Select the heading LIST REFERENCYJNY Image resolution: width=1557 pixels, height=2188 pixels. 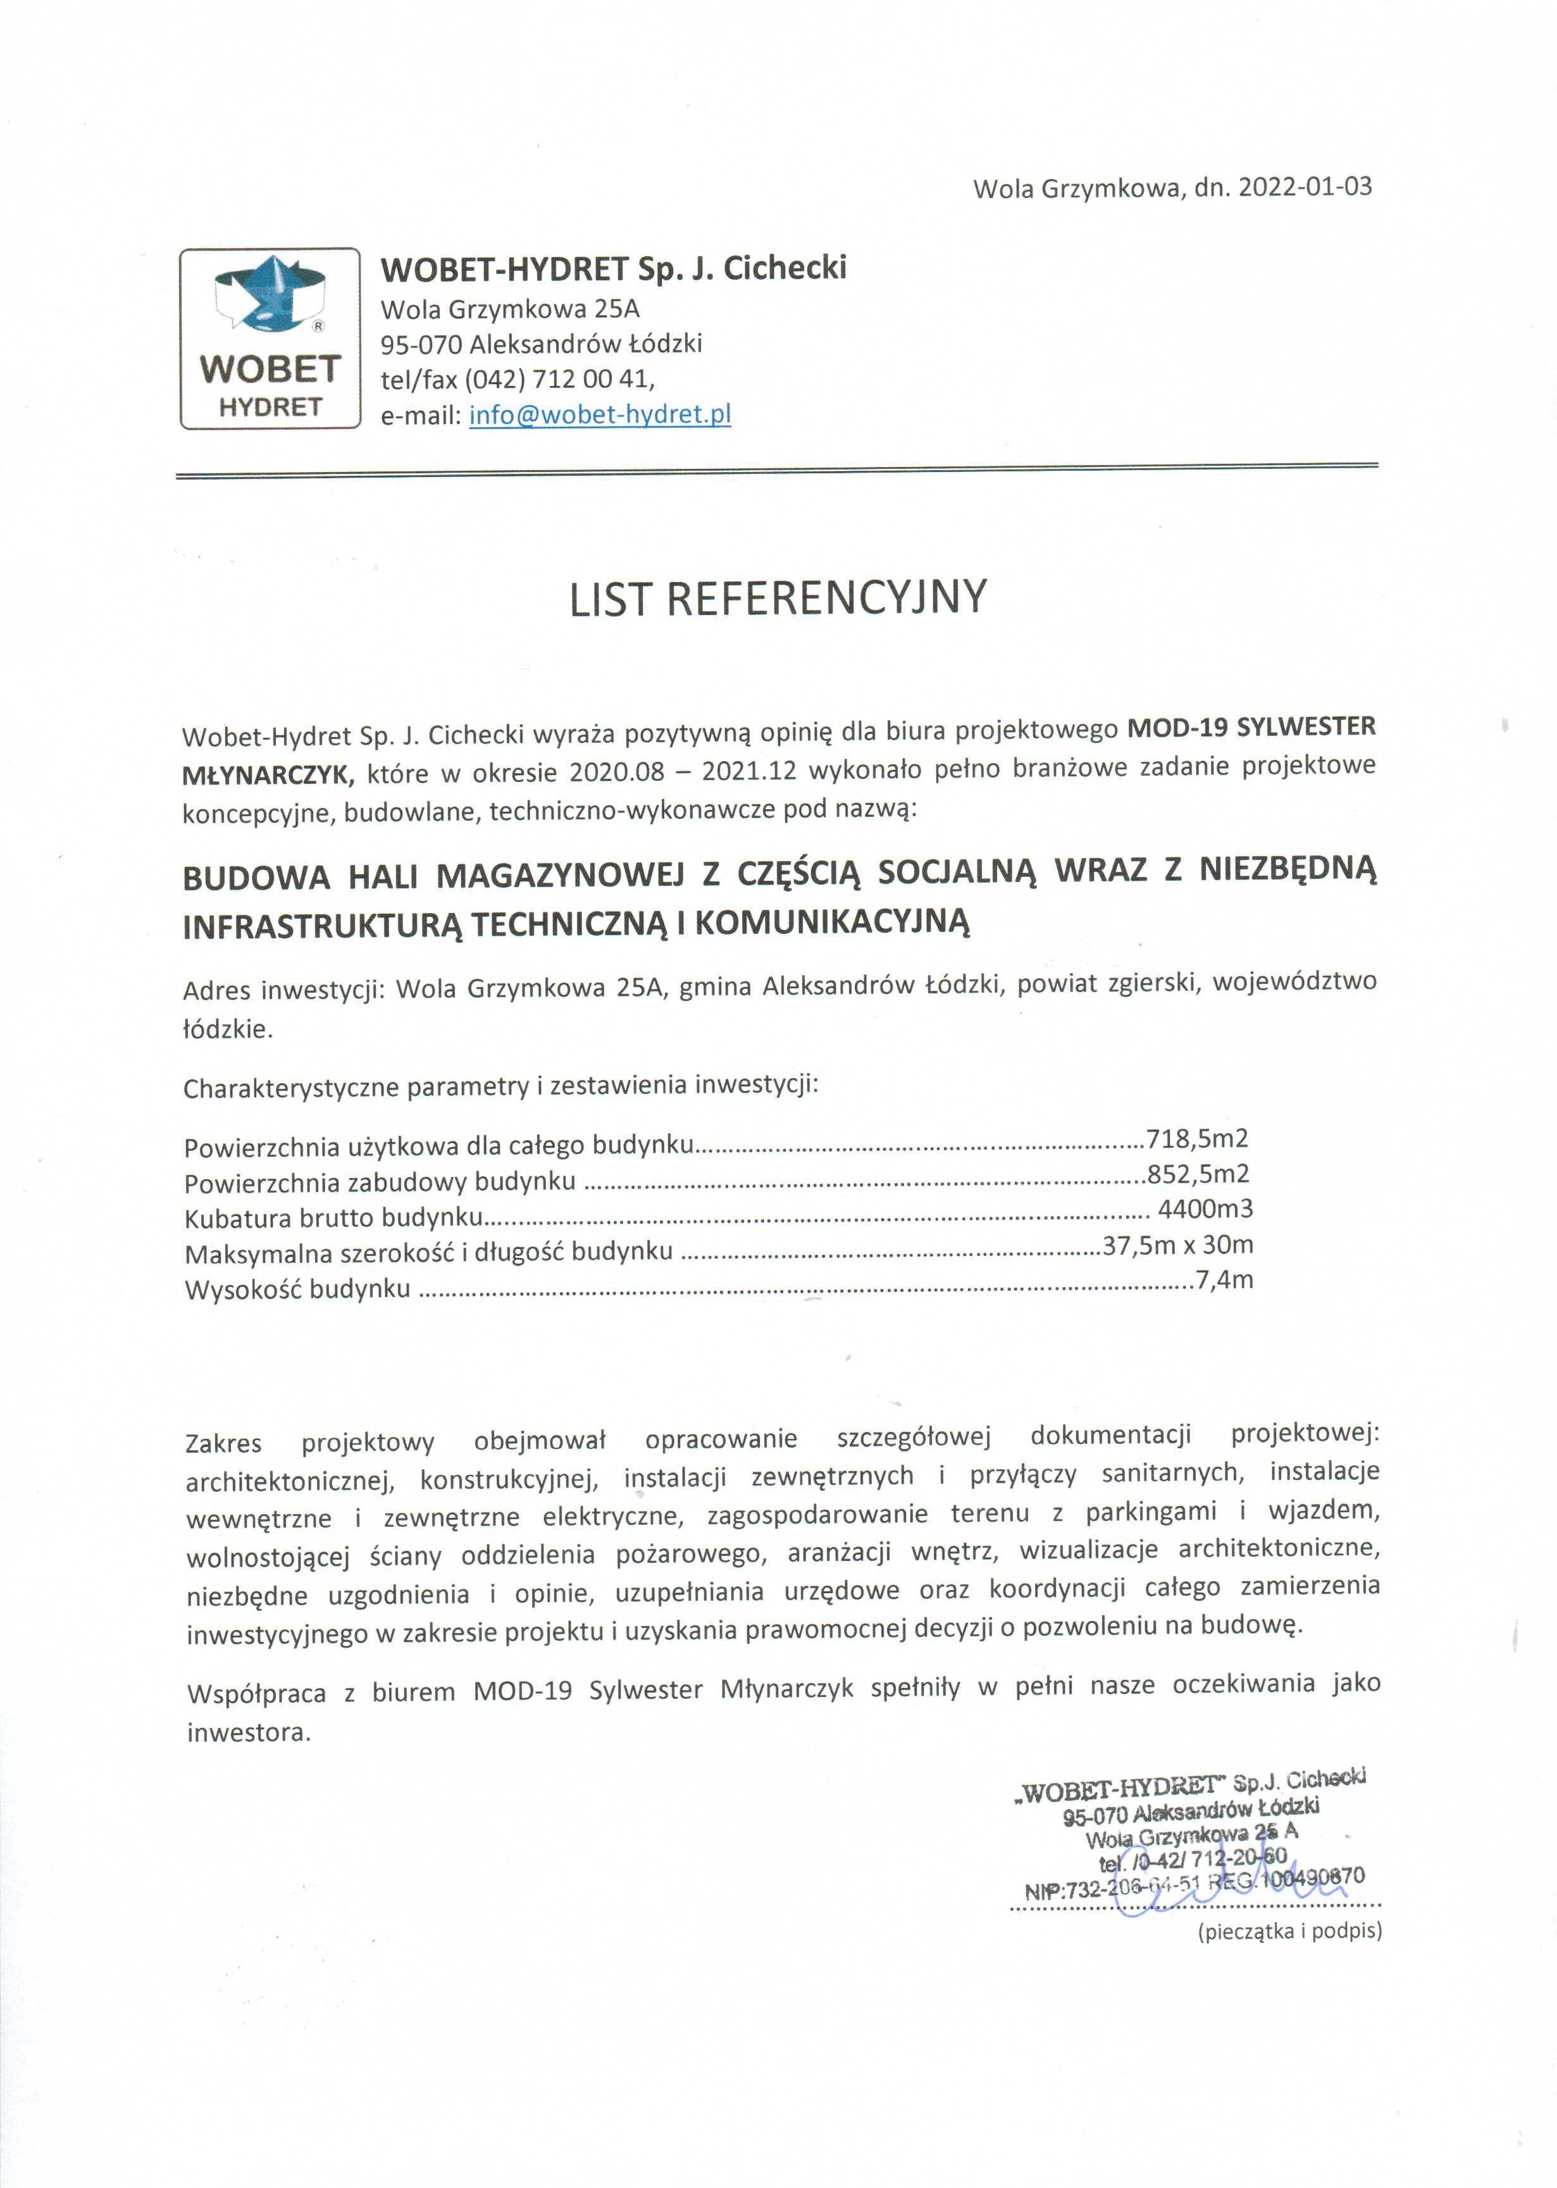point(778,597)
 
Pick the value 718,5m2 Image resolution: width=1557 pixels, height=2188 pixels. point(1198,1139)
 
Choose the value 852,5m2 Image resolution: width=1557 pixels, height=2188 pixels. point(1198,1174)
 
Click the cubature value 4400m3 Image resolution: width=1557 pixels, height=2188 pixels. point(1205,1209)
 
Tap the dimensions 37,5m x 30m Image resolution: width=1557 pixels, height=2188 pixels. point(1177,1245)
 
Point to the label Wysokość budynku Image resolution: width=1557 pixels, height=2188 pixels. point(297,1289)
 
